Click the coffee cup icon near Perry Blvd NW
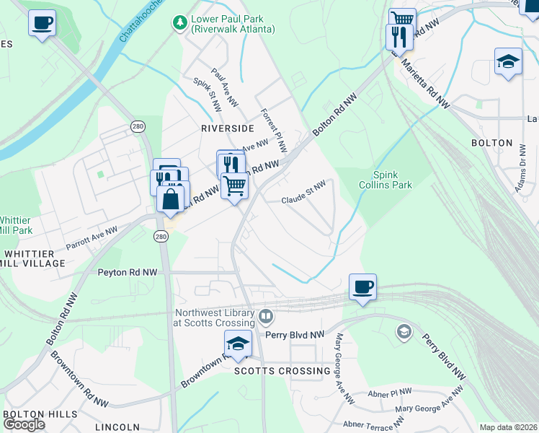(362, 287)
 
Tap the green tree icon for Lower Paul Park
(179, 23)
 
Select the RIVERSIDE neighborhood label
(227, 128)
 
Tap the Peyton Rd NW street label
(127, 273)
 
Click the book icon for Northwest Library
(266, 316)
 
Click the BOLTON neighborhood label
(491, 143)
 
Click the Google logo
(24, 424)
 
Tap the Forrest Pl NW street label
(274, 131)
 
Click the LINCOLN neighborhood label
(118, 427)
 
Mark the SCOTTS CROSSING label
(282, 371)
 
